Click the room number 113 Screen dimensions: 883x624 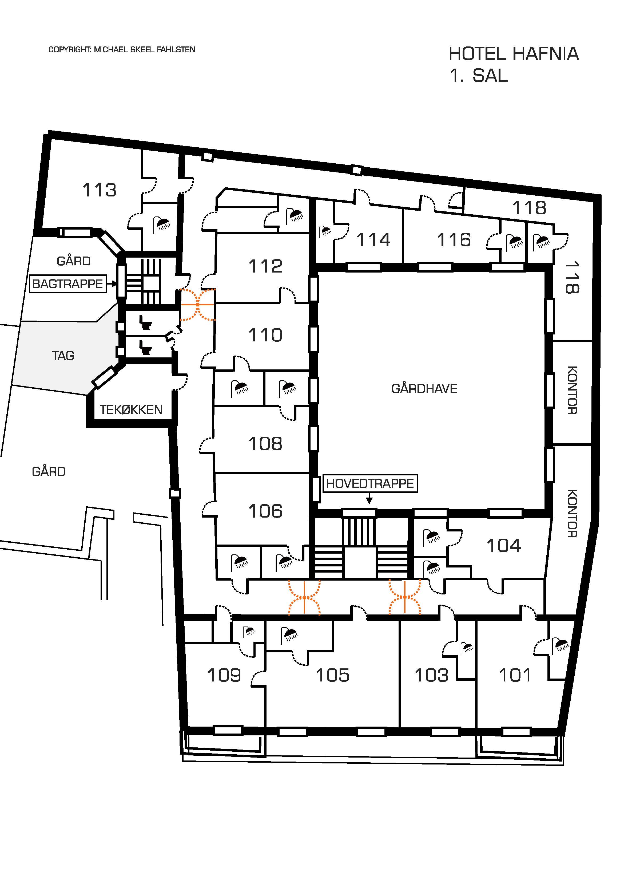click(x=99, y=190)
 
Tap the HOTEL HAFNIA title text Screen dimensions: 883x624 click(x=513, y=54)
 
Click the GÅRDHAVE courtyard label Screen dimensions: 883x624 click(x=424, y=389)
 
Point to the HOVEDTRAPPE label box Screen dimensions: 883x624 click(x=370, y=483)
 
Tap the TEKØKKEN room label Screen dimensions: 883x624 click(x=131, y=410)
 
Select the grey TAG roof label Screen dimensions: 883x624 click(x=63, y=356)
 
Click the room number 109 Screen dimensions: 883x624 click(x=224, y=675)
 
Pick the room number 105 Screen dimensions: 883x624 click(x=333, y=675)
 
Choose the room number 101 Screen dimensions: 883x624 click(x=515, y=675)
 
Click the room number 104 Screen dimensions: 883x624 click(x=504, y=545)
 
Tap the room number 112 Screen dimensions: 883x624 click(x=265, y=266)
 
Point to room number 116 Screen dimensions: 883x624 click(x=454, y=240)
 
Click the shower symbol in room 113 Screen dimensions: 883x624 click(x=161, y=224)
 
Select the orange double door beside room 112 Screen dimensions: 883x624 click(x=198, y=305)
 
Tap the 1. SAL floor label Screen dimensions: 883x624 click(x=478, y=76)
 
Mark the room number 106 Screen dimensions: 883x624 click(x=265, y=511)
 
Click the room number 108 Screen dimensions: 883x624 click(x=265, y=444)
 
